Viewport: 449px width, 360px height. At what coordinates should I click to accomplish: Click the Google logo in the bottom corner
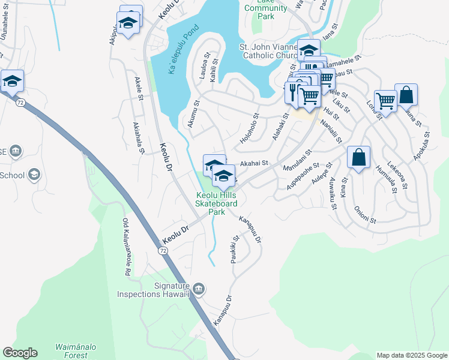[20, 353]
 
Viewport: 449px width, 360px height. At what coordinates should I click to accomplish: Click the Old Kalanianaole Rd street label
[127, 247]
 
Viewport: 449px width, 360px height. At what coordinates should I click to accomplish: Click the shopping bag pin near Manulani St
[358, 158]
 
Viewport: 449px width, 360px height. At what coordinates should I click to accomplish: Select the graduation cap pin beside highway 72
[11, 81]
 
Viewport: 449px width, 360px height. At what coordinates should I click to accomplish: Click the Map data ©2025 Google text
[411, 355]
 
